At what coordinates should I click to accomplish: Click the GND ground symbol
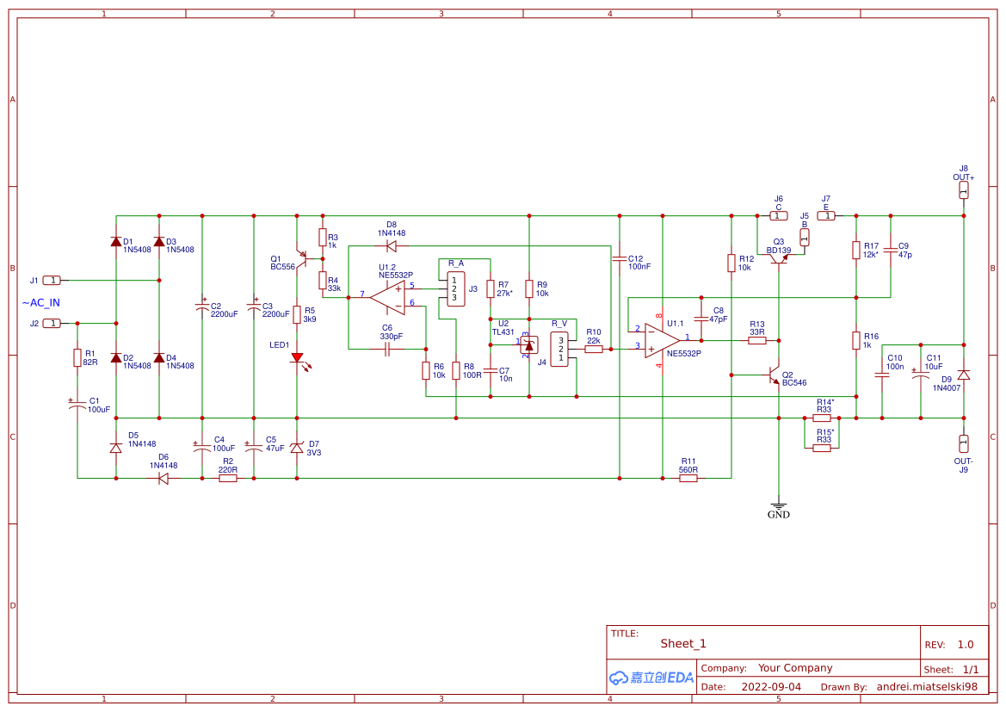[778, 508]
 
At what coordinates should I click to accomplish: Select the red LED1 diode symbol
[297, 357]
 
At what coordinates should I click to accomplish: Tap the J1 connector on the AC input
[52, 280]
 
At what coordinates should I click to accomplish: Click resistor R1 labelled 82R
[77, 357]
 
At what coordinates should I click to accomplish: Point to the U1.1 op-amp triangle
[663, 339]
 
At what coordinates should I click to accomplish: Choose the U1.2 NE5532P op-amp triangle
[388, 296]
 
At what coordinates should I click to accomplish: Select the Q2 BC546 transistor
[772, 375]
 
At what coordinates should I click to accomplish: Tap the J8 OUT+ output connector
[964, 189]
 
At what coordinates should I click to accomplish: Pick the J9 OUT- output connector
[964, 443]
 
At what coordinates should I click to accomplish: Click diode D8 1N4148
[392, 245]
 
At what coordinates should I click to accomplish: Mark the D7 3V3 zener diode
[297, 448]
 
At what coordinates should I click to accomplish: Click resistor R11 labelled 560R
[688, 478]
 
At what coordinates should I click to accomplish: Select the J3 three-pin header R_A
[455, 288]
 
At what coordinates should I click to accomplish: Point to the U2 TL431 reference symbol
[528, 344]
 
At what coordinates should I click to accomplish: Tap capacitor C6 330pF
[387, 349]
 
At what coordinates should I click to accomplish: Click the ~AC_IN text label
[40, 302]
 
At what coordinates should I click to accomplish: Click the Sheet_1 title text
[682, 643]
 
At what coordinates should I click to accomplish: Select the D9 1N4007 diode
[964, 375]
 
